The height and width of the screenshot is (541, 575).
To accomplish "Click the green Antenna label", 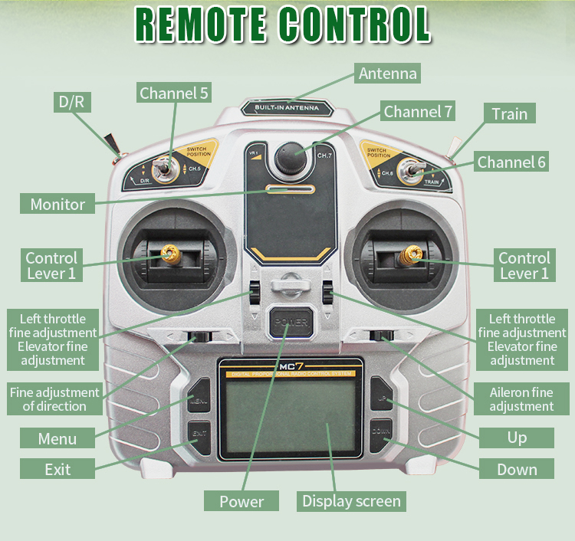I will tap(388, 74).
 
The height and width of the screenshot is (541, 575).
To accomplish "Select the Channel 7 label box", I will tap(419, 112).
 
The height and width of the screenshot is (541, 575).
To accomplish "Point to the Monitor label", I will tap(58, 204).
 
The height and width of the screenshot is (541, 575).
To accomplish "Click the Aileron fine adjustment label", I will tap(521, 399).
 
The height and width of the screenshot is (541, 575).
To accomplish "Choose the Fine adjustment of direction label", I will tap(54, 399).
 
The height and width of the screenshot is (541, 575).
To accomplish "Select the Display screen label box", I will tap(351, 501).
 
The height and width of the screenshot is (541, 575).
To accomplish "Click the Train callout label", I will tap(510, 113).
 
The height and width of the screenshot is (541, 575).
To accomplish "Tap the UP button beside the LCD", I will tap(381, 398).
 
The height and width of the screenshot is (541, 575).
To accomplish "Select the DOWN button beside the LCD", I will tap(381, 433).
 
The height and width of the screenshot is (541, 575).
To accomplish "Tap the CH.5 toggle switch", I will tap(163, 169).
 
